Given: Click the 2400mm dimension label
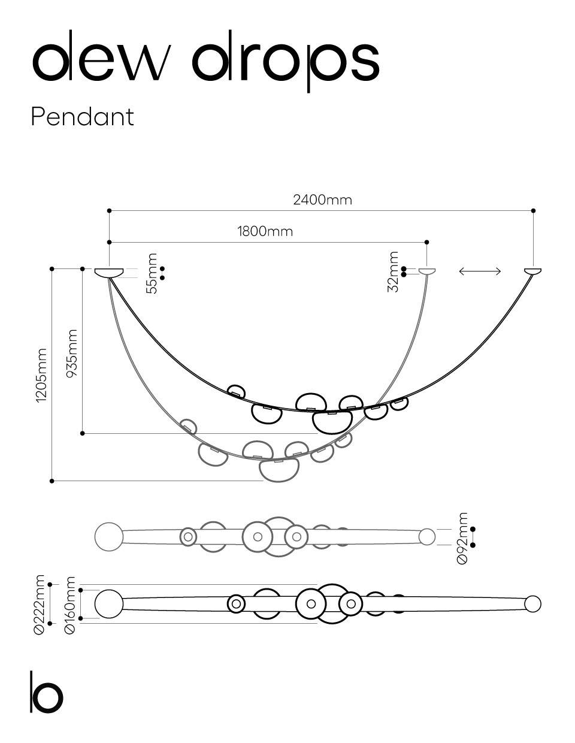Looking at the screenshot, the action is pos(322,200).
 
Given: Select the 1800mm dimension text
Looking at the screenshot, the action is pos(265,231).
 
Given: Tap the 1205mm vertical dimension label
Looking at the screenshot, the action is pos(41,376).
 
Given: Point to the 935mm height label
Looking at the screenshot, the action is pos(72,353).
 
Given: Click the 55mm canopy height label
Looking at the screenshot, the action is pos(152,273).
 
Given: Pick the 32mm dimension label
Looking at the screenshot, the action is pos(393,272).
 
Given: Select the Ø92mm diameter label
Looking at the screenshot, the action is pos(462,538).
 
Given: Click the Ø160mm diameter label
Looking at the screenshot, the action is pos(69,605).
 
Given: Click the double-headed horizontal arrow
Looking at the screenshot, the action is pos(480,271).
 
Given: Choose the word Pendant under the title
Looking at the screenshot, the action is pos(82,117).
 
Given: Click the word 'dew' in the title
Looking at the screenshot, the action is pos(101,57).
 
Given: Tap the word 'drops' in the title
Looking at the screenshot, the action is pos(286,62).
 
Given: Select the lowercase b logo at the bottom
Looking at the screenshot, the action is pos(47,692).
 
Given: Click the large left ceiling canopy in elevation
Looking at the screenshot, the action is pos(109,273).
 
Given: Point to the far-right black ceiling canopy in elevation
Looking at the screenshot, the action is pos(533,271).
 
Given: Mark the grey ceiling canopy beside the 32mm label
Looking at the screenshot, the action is pos(427,271).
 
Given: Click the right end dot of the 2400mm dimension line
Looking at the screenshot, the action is pos(533,211).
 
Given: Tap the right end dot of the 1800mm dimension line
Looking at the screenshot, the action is pos(426,242).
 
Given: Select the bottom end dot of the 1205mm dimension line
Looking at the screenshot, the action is pos(52,481).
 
